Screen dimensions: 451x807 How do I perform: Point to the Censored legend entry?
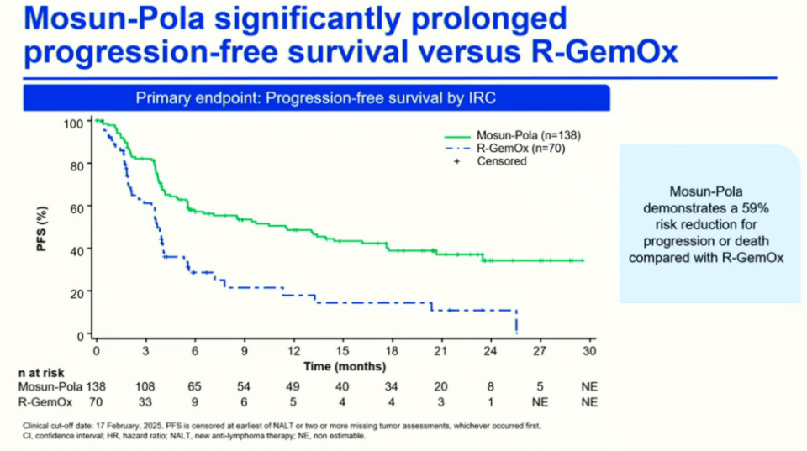(501, 161)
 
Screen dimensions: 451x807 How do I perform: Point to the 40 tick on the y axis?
(77, 249)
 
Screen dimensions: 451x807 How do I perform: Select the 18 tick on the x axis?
(392, 351)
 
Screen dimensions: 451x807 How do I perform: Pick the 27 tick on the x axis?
(540, 351)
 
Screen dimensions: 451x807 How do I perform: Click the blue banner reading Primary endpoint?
(316, 98)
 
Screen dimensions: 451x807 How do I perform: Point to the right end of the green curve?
(583, 260)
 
